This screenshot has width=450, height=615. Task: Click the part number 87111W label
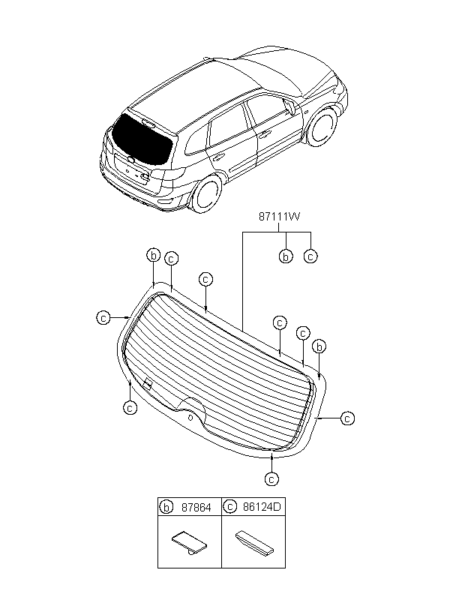point(279,217)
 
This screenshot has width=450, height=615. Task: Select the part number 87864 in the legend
point(196,508)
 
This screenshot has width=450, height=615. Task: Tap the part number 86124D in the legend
point(262,507)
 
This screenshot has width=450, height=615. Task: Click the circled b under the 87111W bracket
point(286,256)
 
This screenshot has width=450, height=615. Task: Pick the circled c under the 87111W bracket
point(310,256)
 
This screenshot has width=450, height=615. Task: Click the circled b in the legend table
point(166,507)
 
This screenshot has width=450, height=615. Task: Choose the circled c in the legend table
point(229,507)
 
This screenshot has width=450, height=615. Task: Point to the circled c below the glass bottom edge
point(271,479)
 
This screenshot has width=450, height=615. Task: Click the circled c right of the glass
point(347,418)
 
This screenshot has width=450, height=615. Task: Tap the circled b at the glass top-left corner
point(154,255)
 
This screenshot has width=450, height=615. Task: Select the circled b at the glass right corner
point(319,346)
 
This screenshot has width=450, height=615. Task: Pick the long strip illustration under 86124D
point(254,542)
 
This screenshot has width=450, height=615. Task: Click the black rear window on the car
point(141,139)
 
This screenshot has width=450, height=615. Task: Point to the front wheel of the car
point(322,127)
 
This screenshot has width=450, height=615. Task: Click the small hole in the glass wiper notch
point(190,417)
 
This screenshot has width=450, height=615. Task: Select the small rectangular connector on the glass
point(148,384)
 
